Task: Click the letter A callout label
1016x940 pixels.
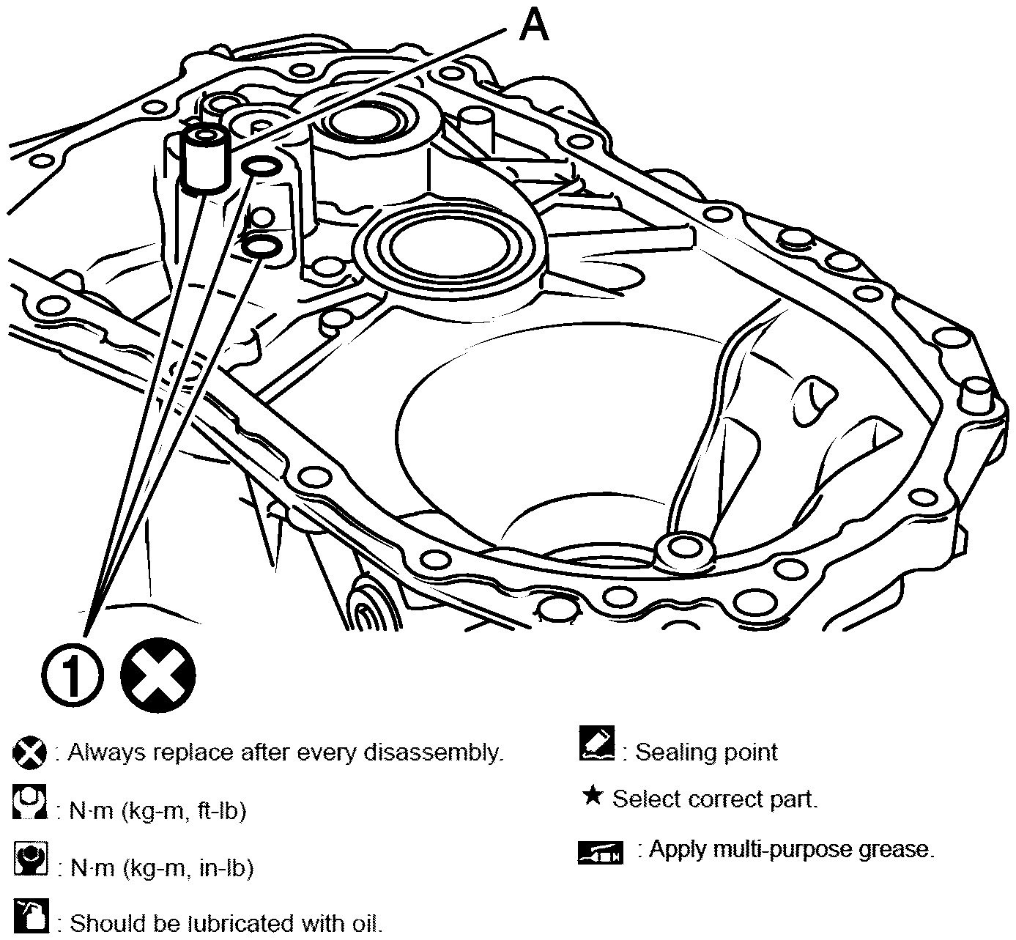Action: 533,28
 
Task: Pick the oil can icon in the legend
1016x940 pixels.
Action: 31,917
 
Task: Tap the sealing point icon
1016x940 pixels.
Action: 596,744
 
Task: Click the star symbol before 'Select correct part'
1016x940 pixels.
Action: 592,796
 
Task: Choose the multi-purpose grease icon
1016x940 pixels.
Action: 600,852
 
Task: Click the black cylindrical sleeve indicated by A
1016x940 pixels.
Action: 205,159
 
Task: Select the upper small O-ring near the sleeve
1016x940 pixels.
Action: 262,168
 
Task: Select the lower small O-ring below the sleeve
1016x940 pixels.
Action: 261,245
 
